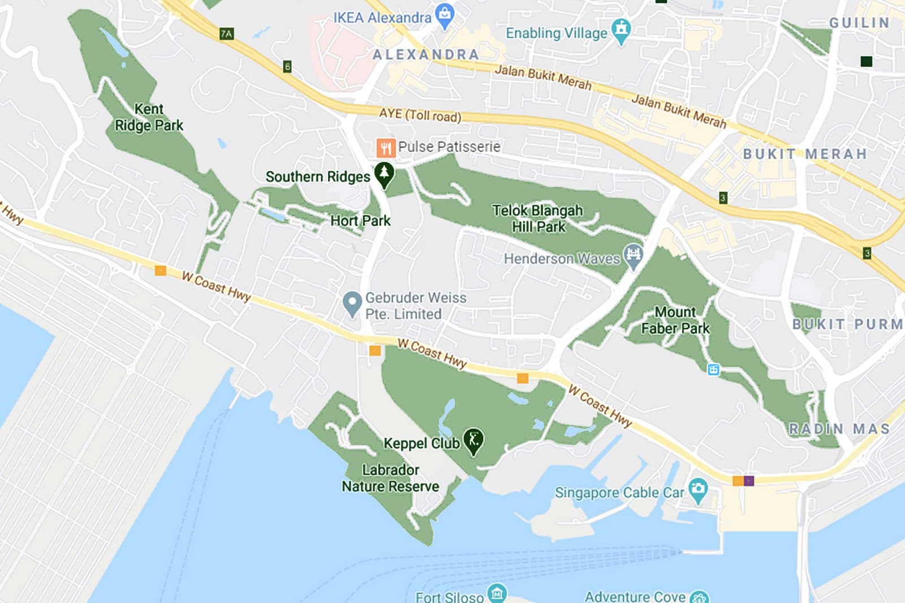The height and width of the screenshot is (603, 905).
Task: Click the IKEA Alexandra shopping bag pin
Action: coord(445,15)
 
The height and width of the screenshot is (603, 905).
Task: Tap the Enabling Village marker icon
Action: coord(621,30)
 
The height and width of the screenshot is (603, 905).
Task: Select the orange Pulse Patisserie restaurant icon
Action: coord(386,148)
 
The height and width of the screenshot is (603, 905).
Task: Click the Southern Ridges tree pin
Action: coord(384,174)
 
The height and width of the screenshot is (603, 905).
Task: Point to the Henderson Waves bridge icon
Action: coord(633,256)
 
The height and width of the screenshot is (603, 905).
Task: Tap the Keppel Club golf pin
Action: coord(473,440)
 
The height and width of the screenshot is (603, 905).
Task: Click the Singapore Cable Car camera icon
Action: coord(698,490)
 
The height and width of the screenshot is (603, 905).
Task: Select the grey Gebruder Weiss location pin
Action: coord(352,303)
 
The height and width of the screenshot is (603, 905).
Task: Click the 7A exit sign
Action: coord(226,34)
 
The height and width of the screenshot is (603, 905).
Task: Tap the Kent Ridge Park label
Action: coord(149,117)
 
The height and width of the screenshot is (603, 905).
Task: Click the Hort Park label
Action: coord(360,221)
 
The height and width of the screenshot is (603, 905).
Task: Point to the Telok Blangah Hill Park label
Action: coord(537,218)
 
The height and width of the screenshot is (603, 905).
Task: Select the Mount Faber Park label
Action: coord(675,320)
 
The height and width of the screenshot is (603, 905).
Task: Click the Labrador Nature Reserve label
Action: coord(390,478)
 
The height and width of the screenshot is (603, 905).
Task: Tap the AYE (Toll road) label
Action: coord(420,115)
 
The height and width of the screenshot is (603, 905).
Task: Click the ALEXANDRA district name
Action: coord(425,55)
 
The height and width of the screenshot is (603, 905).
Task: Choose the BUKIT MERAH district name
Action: coord(804,154)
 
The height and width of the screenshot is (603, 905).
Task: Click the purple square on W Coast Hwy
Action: coord(749,481)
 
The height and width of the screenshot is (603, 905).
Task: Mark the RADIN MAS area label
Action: coord(839,429)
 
